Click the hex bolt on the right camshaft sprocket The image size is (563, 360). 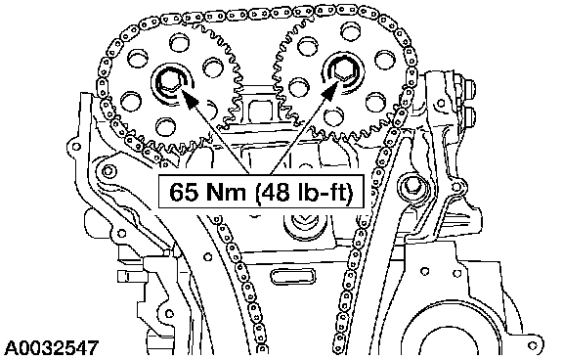[344, 70]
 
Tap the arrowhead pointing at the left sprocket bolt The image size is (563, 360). [190, 98]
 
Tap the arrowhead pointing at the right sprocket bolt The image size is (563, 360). [330, 89]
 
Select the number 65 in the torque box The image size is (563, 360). [184, 192]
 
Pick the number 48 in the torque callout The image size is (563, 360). [276, 192]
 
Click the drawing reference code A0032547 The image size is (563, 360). [53, 348]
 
